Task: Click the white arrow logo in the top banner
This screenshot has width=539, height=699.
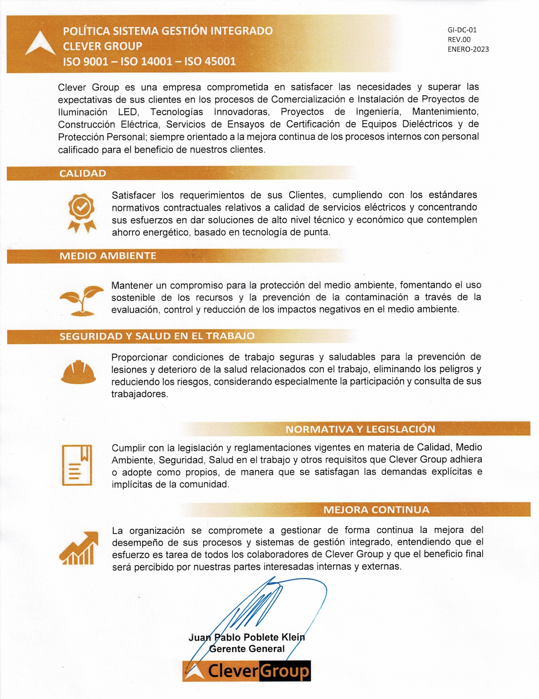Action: (40, 44)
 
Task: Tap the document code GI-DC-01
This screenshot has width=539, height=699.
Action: (462, 30)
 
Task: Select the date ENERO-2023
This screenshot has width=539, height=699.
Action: (468, 49)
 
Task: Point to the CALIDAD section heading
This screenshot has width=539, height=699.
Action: (82, 173)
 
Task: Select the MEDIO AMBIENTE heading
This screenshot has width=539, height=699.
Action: (108, 256)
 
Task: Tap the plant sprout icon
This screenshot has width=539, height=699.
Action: (82, 300)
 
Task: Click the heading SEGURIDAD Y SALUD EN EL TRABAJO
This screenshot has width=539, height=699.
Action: (157, 336)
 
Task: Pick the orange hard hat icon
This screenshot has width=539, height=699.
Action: (79, 372)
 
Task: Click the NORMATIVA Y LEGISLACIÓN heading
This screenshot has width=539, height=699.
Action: (360, 429)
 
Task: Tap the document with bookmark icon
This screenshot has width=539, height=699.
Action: (77, 465)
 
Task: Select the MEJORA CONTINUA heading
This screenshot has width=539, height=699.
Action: (376, 510)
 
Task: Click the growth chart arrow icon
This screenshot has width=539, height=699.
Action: (79, 548)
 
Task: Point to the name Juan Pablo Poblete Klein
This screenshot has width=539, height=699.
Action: (247, 637)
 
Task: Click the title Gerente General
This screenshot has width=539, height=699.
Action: (247, 649)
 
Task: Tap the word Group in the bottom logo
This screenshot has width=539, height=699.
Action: (284, 671)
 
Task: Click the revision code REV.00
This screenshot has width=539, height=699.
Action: (459, 40)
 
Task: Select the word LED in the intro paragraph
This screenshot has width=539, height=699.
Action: (128, 112)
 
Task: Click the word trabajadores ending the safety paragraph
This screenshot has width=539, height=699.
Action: (139, 394)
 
